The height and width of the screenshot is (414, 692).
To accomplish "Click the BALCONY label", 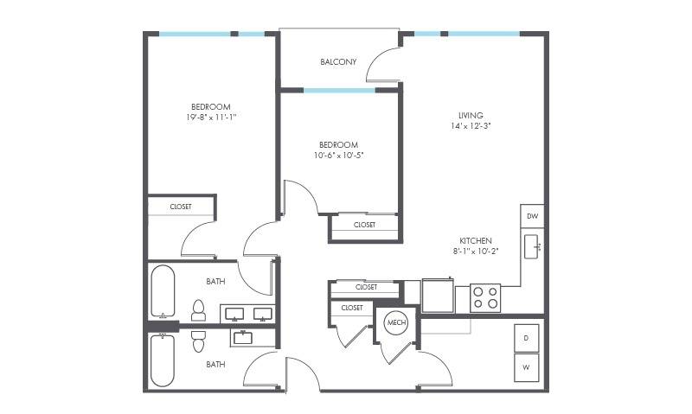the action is point(338,61).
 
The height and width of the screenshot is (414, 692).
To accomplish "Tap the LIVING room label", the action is point(471,116).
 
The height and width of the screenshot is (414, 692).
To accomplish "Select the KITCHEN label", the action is point(476,241).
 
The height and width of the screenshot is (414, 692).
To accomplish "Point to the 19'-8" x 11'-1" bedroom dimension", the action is point(211,118).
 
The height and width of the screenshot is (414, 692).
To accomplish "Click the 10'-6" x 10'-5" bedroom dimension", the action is point(338,156).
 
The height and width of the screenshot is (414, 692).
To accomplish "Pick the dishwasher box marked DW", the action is point(532,216).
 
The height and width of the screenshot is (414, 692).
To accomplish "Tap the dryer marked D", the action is point(526,338).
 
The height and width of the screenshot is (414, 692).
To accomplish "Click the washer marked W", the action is point(526,367).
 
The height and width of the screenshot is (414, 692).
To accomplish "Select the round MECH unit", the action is point(396,322).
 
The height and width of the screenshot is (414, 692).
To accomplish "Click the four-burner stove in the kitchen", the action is point(485,297).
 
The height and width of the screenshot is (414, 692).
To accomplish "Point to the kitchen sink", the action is point(531,246).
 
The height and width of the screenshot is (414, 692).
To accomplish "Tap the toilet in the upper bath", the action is point(199,310).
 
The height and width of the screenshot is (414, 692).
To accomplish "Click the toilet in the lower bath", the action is point(198,341).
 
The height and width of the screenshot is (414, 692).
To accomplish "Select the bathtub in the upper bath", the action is point(163,291).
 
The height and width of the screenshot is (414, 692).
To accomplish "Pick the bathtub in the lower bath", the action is point(163,360).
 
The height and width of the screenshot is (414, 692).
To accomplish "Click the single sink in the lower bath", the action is point(243,338).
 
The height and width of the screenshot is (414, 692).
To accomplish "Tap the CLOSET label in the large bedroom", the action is point(181,207).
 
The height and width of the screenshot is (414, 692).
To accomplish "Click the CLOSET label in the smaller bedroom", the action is point(364,225).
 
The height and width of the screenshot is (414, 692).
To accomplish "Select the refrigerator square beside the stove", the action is point(438,295).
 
